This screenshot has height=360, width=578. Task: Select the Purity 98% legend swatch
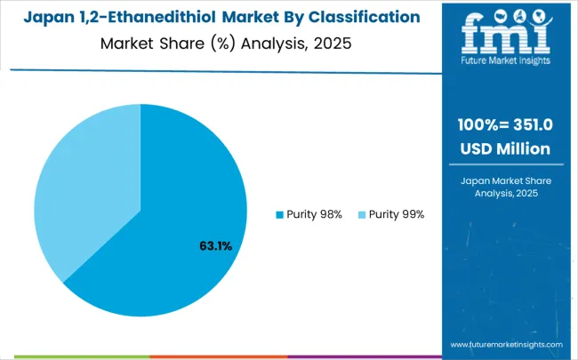[279, 214]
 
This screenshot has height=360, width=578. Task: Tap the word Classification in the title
[365, 17]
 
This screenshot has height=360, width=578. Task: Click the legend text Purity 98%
[316, 214]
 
